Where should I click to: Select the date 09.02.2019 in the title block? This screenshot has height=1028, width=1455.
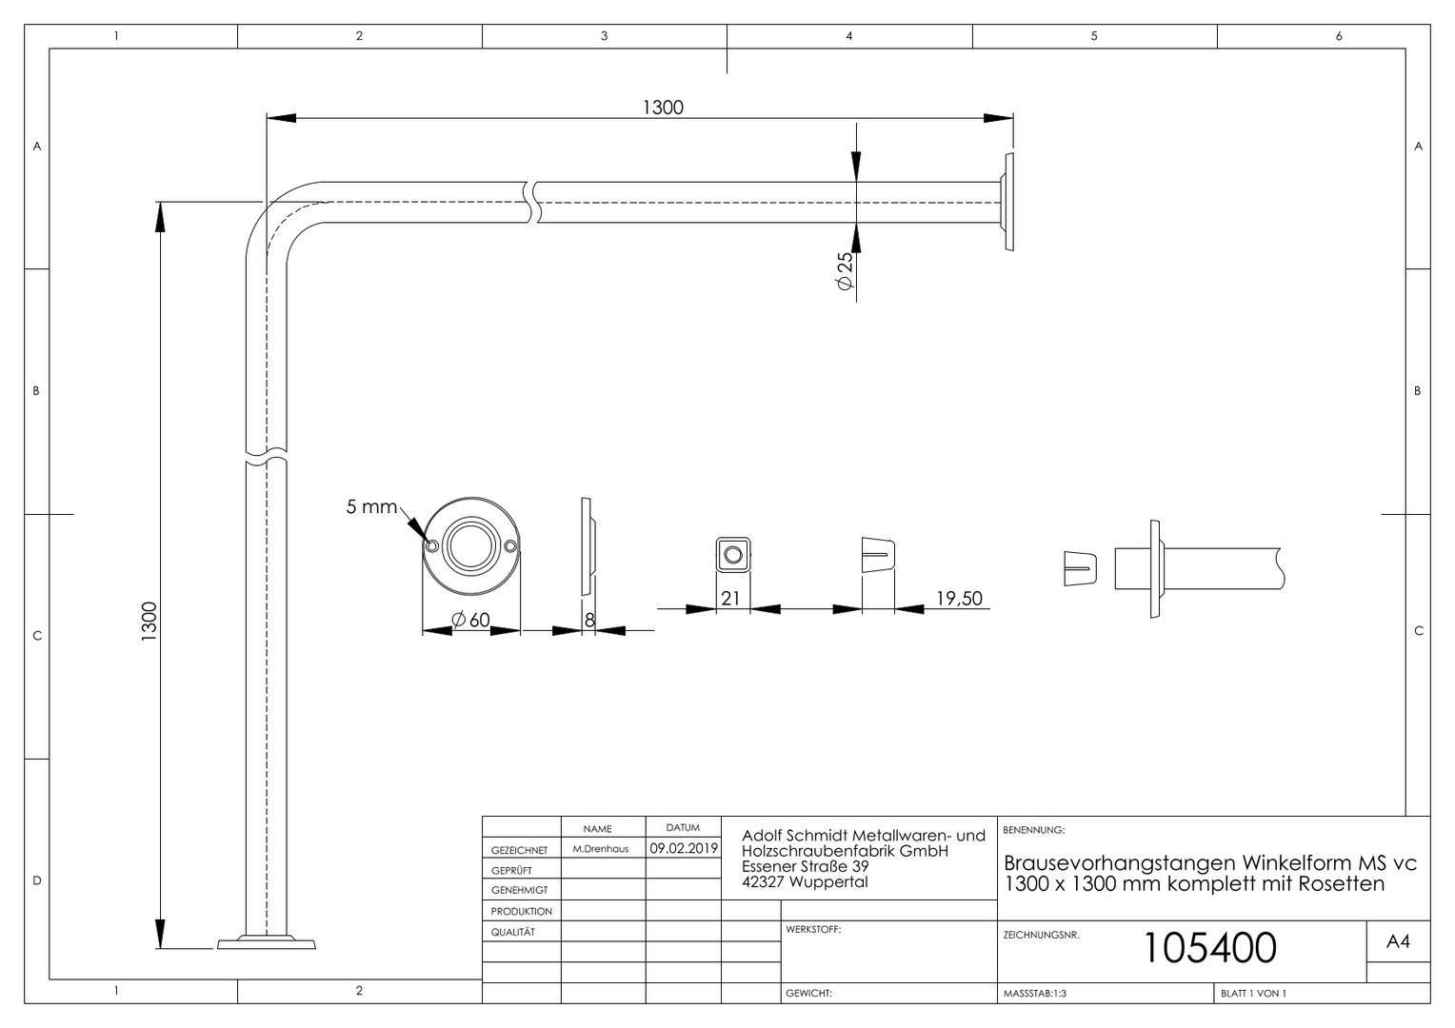684,848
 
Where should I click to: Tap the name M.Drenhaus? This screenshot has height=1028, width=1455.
600,849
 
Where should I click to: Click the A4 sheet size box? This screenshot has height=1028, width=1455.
1398,941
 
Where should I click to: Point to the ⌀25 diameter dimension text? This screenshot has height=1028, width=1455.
845,271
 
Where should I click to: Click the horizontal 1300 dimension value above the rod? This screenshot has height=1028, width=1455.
663,108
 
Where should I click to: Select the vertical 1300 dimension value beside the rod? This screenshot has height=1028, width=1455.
149,622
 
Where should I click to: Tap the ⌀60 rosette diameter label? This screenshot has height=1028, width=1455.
471,620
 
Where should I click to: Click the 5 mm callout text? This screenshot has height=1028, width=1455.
371,506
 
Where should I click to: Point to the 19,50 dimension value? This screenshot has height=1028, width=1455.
959,598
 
